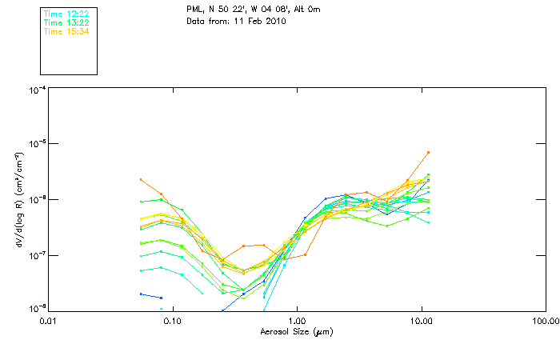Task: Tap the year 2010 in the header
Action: tap(274, 21)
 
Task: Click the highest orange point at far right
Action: tap(429, 152)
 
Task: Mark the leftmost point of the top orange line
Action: tap(141, 179)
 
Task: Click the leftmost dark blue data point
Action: tap(141, 294)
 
